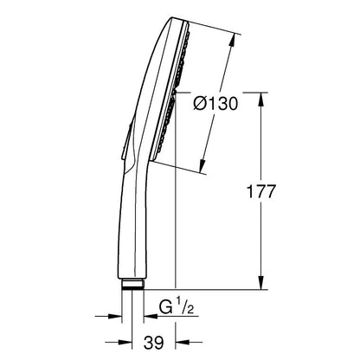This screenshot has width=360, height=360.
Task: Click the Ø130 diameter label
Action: click(x=215, y=104)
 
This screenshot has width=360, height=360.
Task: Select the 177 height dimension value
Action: click(x=260, y=192)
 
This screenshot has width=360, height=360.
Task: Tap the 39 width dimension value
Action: click(x=153, y=343)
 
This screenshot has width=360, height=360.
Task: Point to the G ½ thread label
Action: click(x=177, y=308)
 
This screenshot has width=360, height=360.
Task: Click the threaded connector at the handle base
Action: click(x=132, y=284)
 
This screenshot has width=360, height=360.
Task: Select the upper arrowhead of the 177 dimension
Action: click(x=260, y=100)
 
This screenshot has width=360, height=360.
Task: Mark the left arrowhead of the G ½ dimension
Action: click(x=114, y=317)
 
